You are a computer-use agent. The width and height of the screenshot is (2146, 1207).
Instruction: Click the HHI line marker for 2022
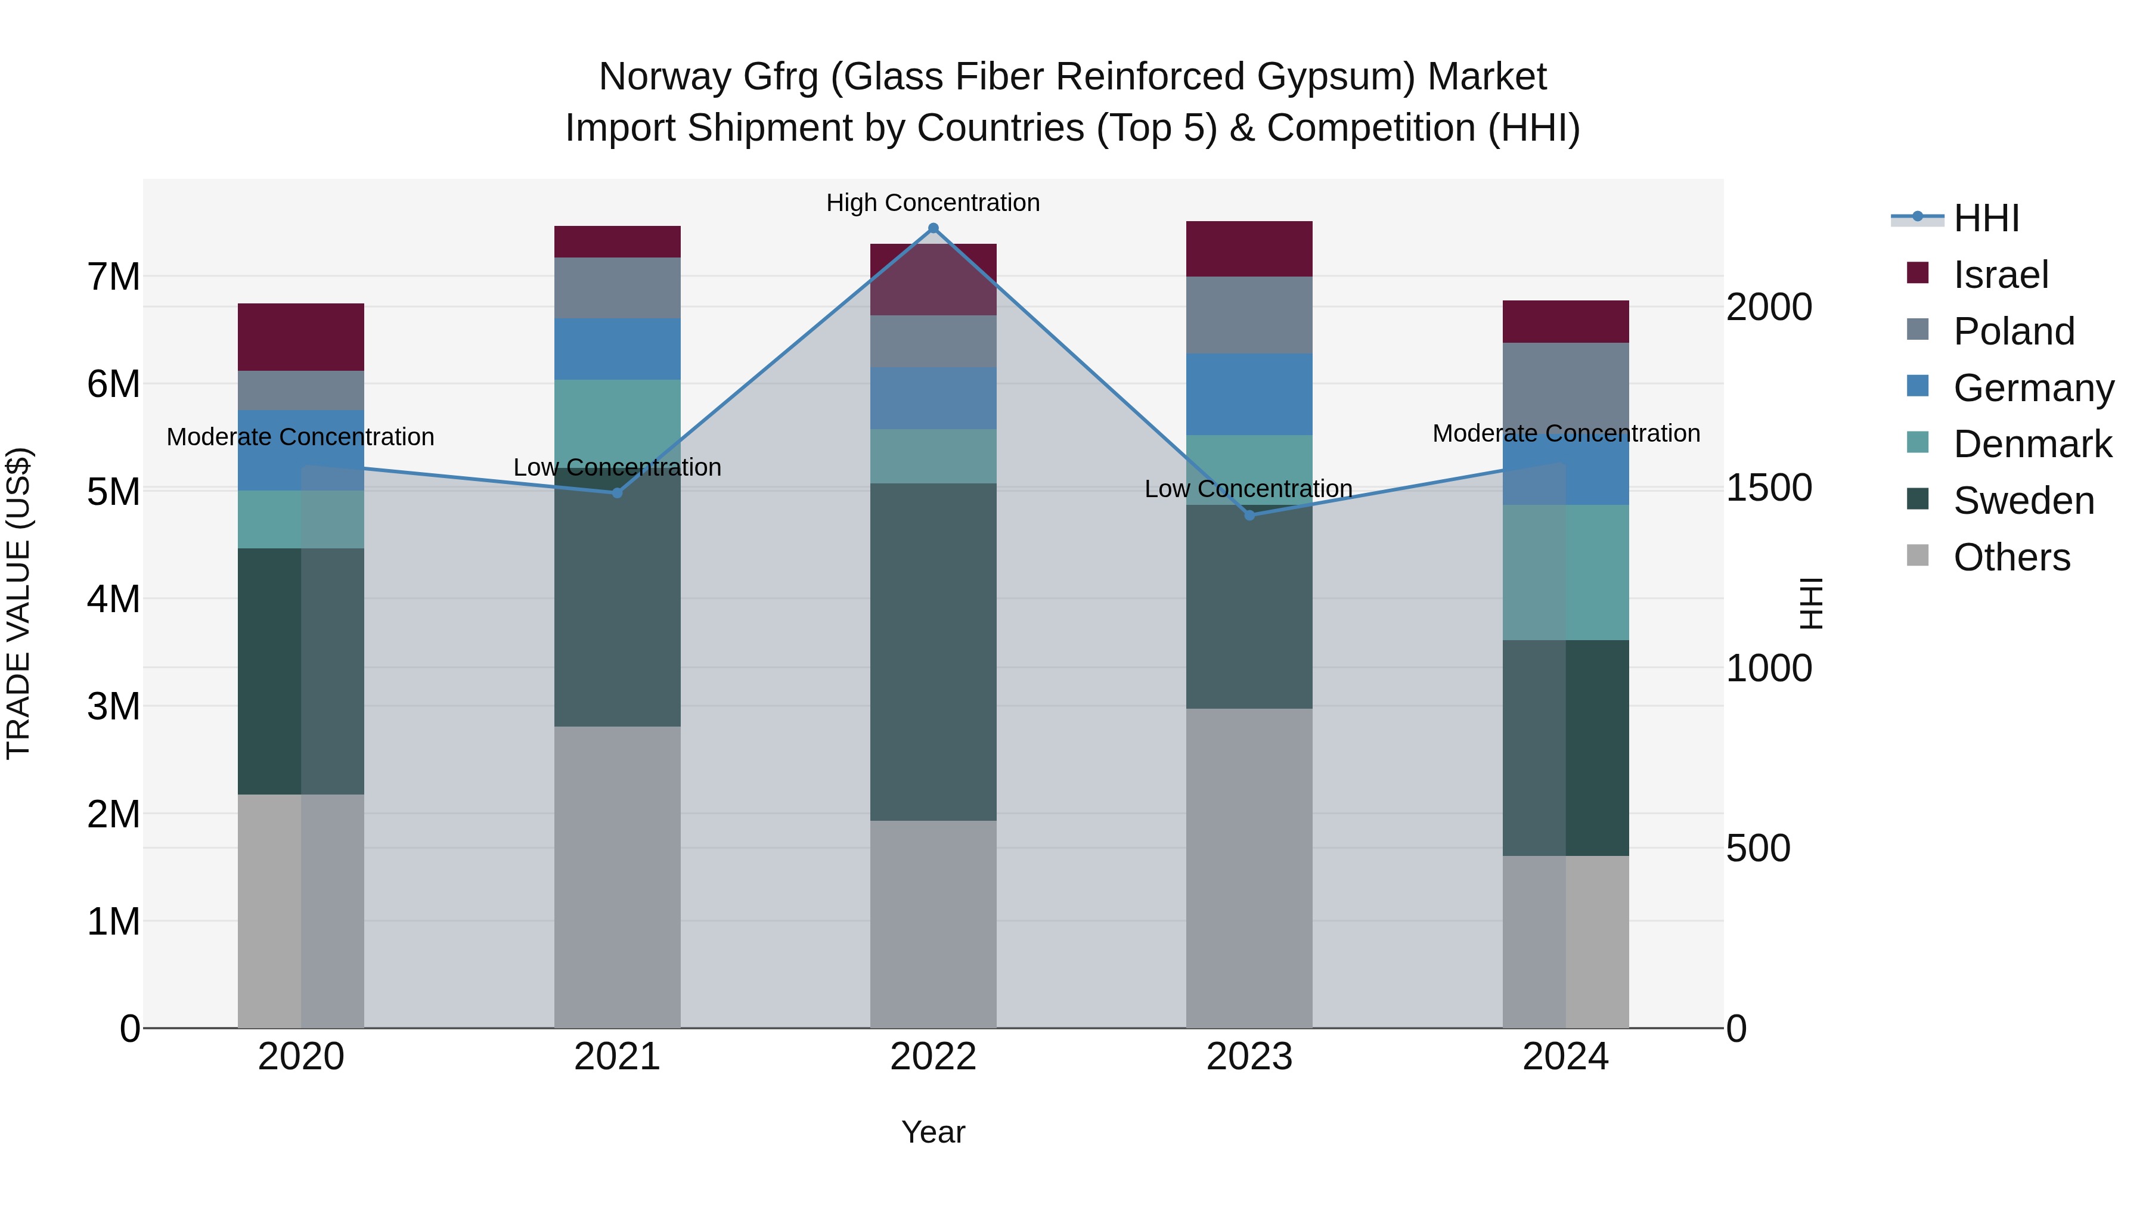coord(933,228)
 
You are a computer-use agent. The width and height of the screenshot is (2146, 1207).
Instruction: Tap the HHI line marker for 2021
coord(618,493)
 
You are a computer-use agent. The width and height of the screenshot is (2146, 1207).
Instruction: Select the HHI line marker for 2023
coord(1249,516)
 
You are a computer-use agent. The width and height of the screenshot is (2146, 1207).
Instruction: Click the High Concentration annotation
coord(933,203)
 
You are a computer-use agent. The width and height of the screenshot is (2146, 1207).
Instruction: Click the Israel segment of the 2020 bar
coord(301,337)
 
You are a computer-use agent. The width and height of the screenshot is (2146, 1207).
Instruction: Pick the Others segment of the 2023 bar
coord(1249,868)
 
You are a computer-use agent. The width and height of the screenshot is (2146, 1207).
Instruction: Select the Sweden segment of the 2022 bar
coord(933,651)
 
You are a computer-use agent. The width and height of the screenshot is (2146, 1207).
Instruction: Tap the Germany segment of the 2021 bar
coord(618,349)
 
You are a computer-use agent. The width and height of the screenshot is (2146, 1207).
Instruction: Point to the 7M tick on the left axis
coord(114,277)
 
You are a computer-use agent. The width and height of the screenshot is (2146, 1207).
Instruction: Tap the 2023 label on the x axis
coord(1249,1057)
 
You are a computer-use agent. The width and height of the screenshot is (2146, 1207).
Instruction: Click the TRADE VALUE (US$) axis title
coord(18,603)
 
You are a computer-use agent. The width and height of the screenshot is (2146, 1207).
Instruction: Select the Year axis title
coord(933,1132)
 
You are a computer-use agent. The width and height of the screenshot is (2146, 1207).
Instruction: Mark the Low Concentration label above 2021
coord(618,467)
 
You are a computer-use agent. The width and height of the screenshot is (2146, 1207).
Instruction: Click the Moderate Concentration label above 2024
coord(1565,433)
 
